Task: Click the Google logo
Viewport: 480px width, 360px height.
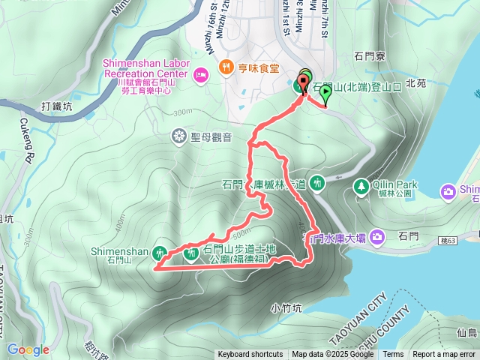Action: point(28,349)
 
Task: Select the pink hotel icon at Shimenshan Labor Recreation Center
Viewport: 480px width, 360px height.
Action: point(200,75)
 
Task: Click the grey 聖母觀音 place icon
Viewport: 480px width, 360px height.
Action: point(179,136)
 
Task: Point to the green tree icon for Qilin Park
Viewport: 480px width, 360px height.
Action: point(361,184)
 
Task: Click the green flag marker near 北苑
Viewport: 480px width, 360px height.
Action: point(325,93)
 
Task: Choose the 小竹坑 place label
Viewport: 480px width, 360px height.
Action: point(286,307)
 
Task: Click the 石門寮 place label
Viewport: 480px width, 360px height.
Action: point(370,56)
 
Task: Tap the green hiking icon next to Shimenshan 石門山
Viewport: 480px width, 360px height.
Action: point(160,251)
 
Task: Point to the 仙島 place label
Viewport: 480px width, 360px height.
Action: point(466,331)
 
